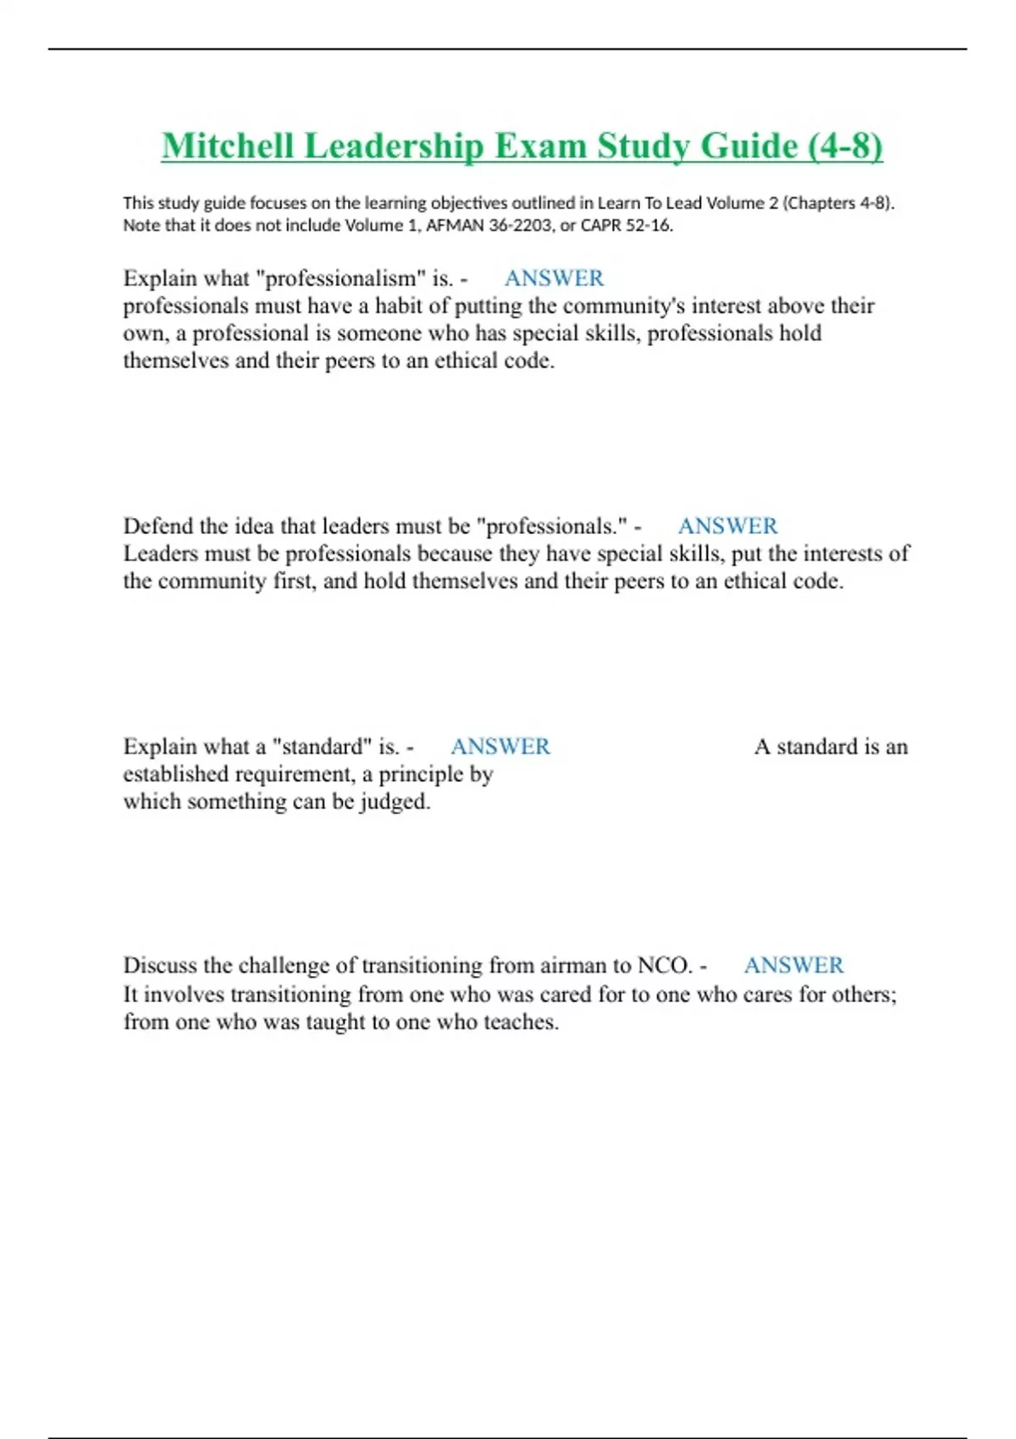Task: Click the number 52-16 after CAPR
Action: coord(649,225)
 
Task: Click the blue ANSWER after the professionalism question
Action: coord(554,278)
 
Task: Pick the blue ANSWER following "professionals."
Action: coord(727,527)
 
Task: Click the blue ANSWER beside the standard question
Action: coord(500,747)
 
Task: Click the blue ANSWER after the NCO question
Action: coord(793,966)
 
